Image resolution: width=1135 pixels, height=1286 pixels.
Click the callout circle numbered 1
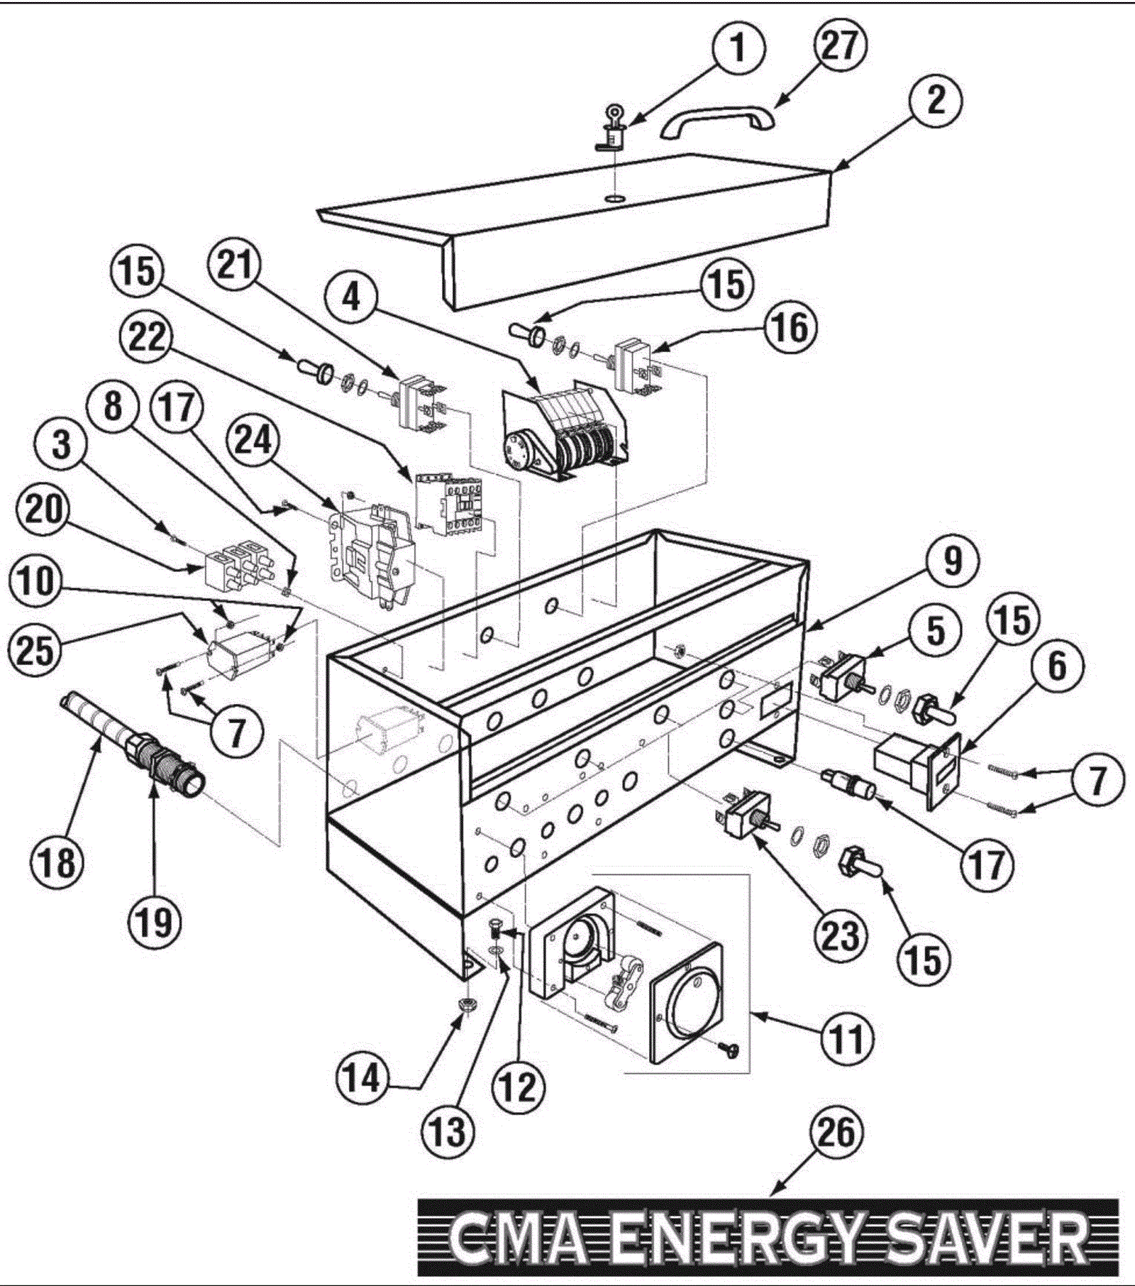pyautogui.click(x=738, y=48)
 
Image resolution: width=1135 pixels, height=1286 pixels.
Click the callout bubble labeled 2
pyautogui.click(x=936, y=99)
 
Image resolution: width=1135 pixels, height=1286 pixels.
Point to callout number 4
pyautogui.click(x=352, y=297)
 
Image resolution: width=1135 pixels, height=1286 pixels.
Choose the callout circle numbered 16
pyautogui.click(x=790, y=328)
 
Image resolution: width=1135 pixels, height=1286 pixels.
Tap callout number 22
pyautogui.click(x=147, y=337)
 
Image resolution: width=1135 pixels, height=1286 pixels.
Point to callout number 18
pyautogui.click(x=57, y=863)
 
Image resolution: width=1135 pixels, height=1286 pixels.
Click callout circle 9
pyautogui.click(x=952, y=561)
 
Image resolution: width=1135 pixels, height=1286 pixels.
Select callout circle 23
pyautogui.click(x=840, y=935)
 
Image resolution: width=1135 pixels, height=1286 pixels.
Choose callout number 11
pyautogui.click(x=848, y=1038)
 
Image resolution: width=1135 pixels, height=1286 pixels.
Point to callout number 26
pyautogui.click(x=837, y=1132)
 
